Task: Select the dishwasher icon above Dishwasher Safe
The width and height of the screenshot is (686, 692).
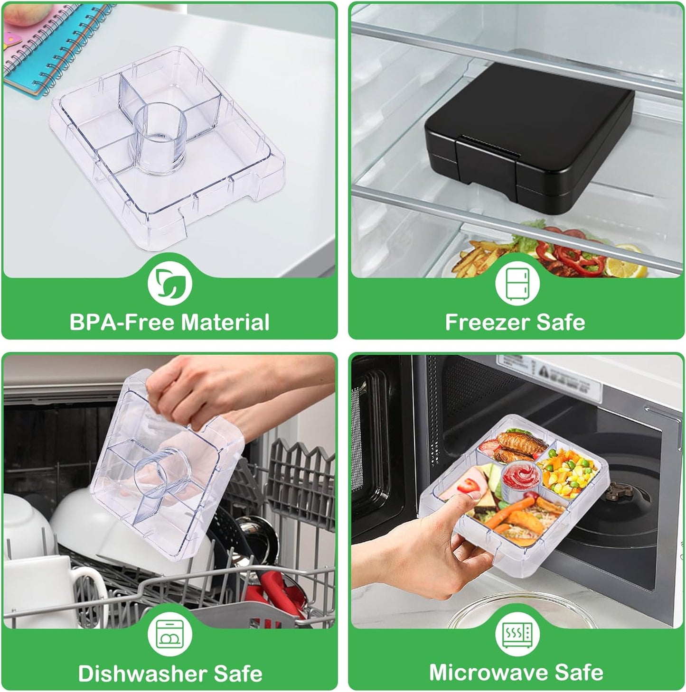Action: (169, 635)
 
